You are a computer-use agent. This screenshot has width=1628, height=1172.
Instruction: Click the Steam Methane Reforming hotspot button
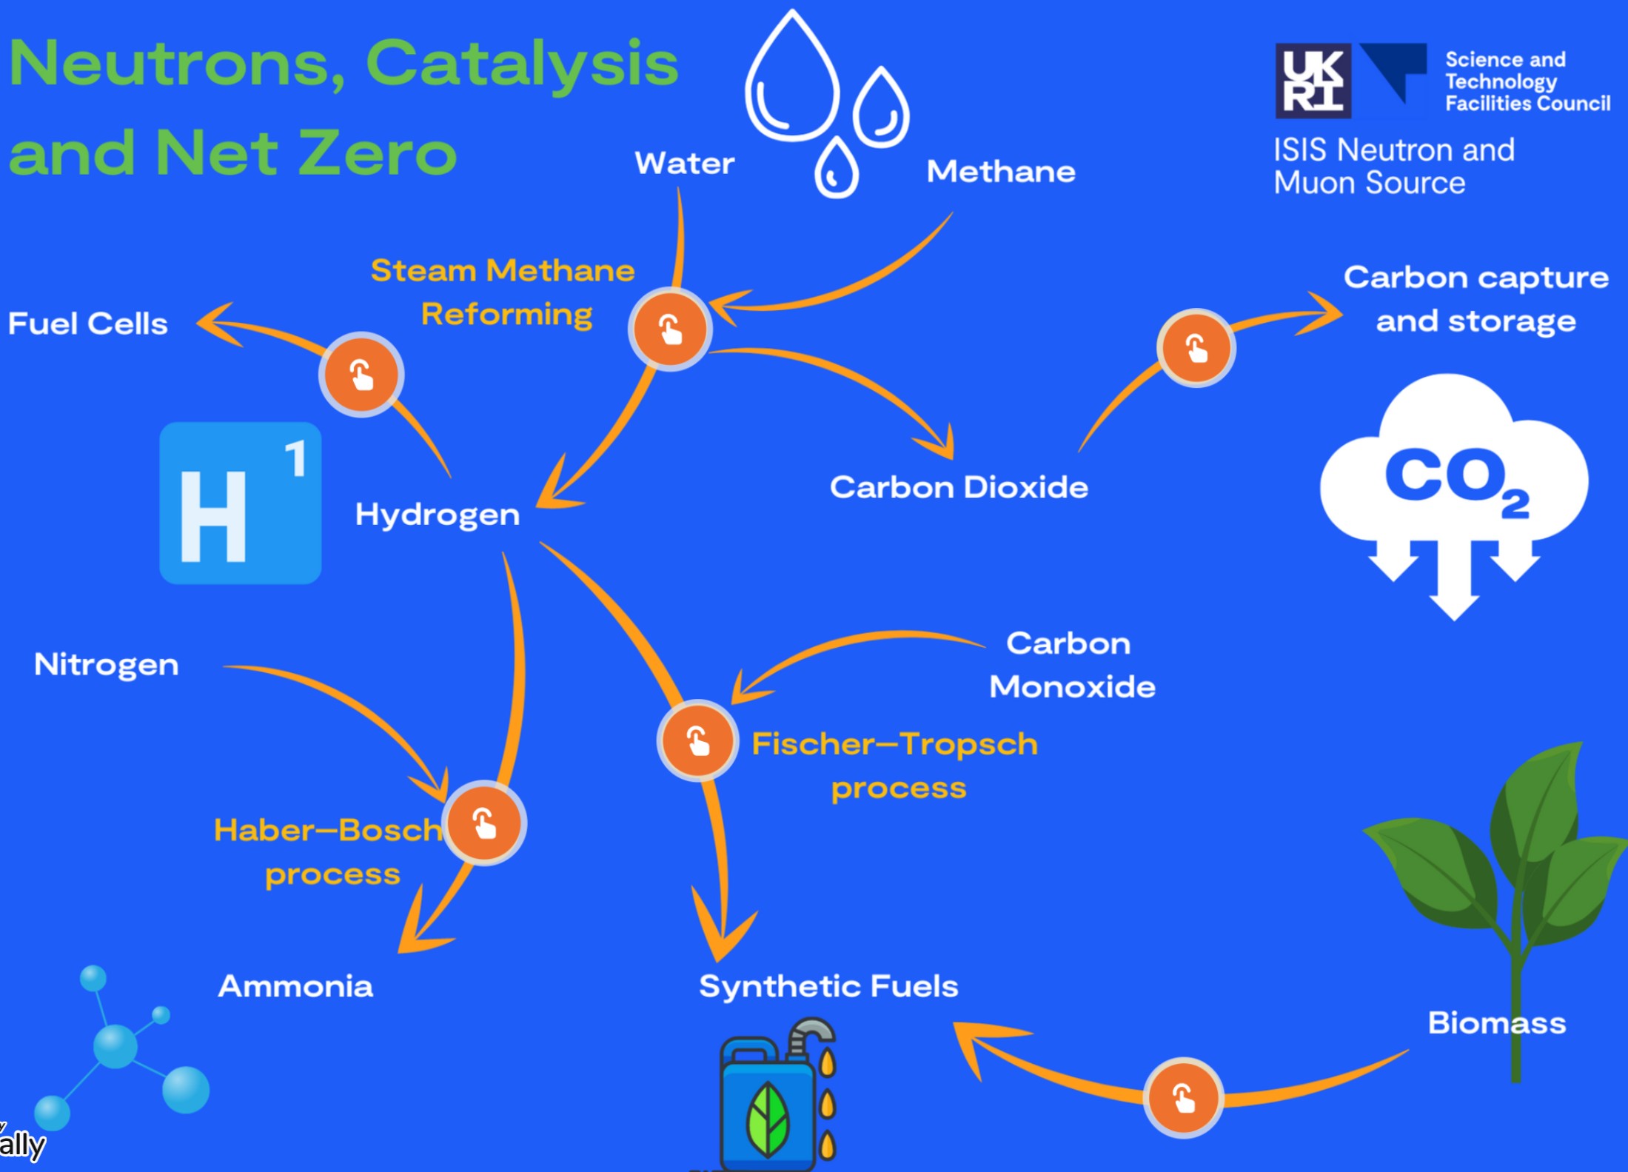click(x=670, y=329)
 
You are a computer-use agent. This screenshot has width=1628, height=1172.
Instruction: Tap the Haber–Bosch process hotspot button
click(x=485, y=823)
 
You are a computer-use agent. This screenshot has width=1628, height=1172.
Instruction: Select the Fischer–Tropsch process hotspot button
click(x=697, y=740)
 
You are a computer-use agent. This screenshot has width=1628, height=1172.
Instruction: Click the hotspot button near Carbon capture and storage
click(x=1196, y=347)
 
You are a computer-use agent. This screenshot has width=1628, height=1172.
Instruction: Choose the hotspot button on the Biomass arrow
click(x=1183, y=1097)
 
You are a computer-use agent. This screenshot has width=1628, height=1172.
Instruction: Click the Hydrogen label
click(x=437, y=514)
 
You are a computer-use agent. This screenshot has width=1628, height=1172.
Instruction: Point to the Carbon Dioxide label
click(x=959, y=487)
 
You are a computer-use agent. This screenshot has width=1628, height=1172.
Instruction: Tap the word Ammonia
click(x=295, y=986)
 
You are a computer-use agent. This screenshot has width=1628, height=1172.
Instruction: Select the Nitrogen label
click(x=107, y=664)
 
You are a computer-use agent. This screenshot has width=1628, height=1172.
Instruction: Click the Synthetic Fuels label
click(x=828, y=986)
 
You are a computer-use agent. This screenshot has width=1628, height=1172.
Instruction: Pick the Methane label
click(x=1001, y=172)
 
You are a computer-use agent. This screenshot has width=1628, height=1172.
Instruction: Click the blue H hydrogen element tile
click(x=240, y=503)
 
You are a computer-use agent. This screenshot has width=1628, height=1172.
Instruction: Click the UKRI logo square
click(x=1313, y=81)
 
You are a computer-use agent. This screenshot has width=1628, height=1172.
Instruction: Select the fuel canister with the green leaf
click(x=770, y=1103)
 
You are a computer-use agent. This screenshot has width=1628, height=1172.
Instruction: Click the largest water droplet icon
click(x=792, y=81)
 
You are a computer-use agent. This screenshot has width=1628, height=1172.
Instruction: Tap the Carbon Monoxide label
click(x=1071, y=665)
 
